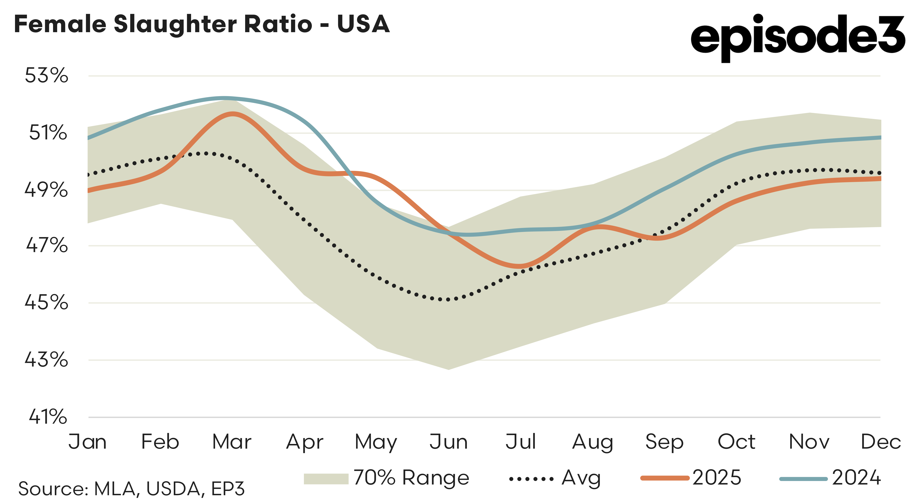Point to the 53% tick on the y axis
[46, 75]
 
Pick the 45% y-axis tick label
[46, 303]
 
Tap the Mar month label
[232, 442]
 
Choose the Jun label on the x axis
[448, 442]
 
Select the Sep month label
[664, 442]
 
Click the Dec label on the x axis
[880, 442]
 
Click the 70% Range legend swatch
[326, 479]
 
